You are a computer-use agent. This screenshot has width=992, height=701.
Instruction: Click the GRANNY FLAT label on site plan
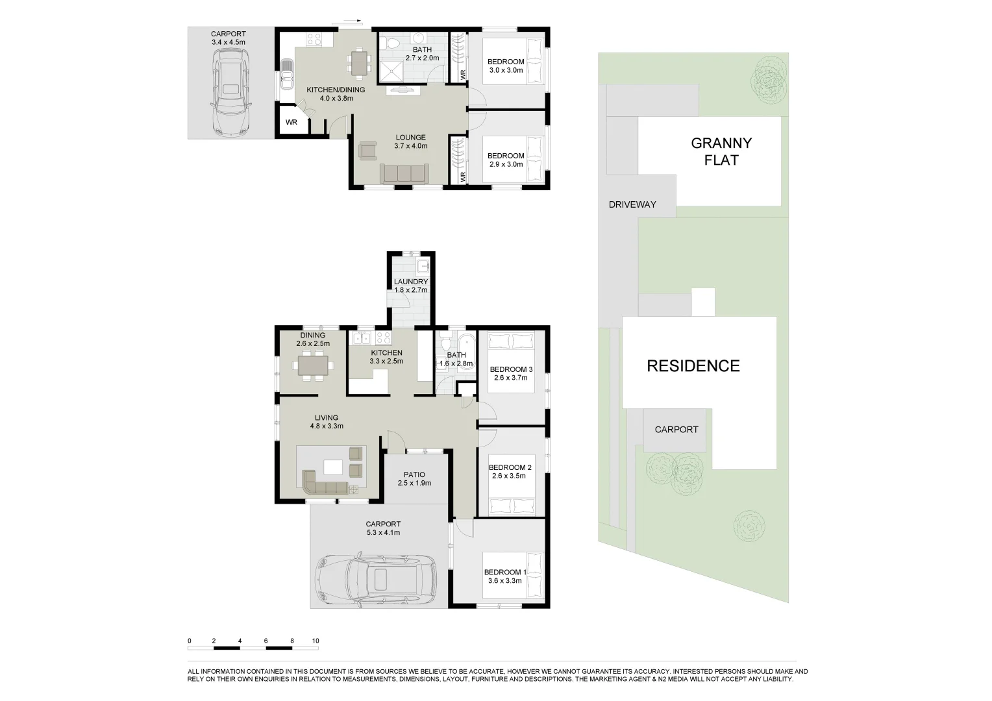[721, 151]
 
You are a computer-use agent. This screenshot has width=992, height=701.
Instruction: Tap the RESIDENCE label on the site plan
[693, 366]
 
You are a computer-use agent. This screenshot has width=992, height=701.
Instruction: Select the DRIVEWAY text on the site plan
[632, 204]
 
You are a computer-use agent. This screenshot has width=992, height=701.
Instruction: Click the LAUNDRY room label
[410, 286]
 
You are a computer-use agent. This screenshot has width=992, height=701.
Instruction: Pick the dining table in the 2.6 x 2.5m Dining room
[314, 366]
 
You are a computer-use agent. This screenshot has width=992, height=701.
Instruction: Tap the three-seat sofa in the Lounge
[403, 173]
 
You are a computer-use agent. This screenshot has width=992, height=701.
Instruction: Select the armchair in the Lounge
[367, 151]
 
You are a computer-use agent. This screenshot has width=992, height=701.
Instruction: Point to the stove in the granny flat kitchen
[314, 39]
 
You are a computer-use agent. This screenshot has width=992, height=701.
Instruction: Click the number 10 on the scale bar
[316, 641]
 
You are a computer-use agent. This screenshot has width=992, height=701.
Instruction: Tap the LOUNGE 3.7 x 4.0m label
[410, 141]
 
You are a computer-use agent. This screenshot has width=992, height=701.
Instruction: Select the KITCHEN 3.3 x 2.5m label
[386, 356]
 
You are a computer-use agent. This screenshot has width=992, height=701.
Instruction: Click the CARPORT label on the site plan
[676, 430]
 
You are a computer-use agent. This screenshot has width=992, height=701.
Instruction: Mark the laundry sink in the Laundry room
[423, 265]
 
